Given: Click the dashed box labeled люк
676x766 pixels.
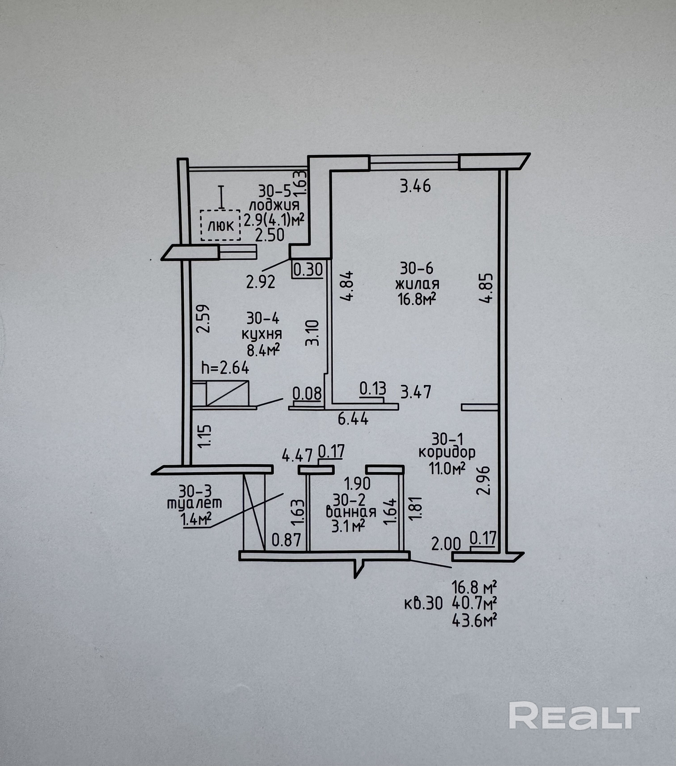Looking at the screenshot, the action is click(x=220, y=225).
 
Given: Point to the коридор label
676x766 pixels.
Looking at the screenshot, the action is click(x=447, y=452).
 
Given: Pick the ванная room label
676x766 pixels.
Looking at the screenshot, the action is click(x=351, y=512).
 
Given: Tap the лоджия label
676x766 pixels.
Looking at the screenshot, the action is click(x=274, y=205).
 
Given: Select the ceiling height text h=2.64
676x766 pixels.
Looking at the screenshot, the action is click(x=225, y=368).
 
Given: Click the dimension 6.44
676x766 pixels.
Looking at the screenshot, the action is click(x=353, y=419).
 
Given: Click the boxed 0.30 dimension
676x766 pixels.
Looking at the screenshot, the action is click(x=308, y=269).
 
